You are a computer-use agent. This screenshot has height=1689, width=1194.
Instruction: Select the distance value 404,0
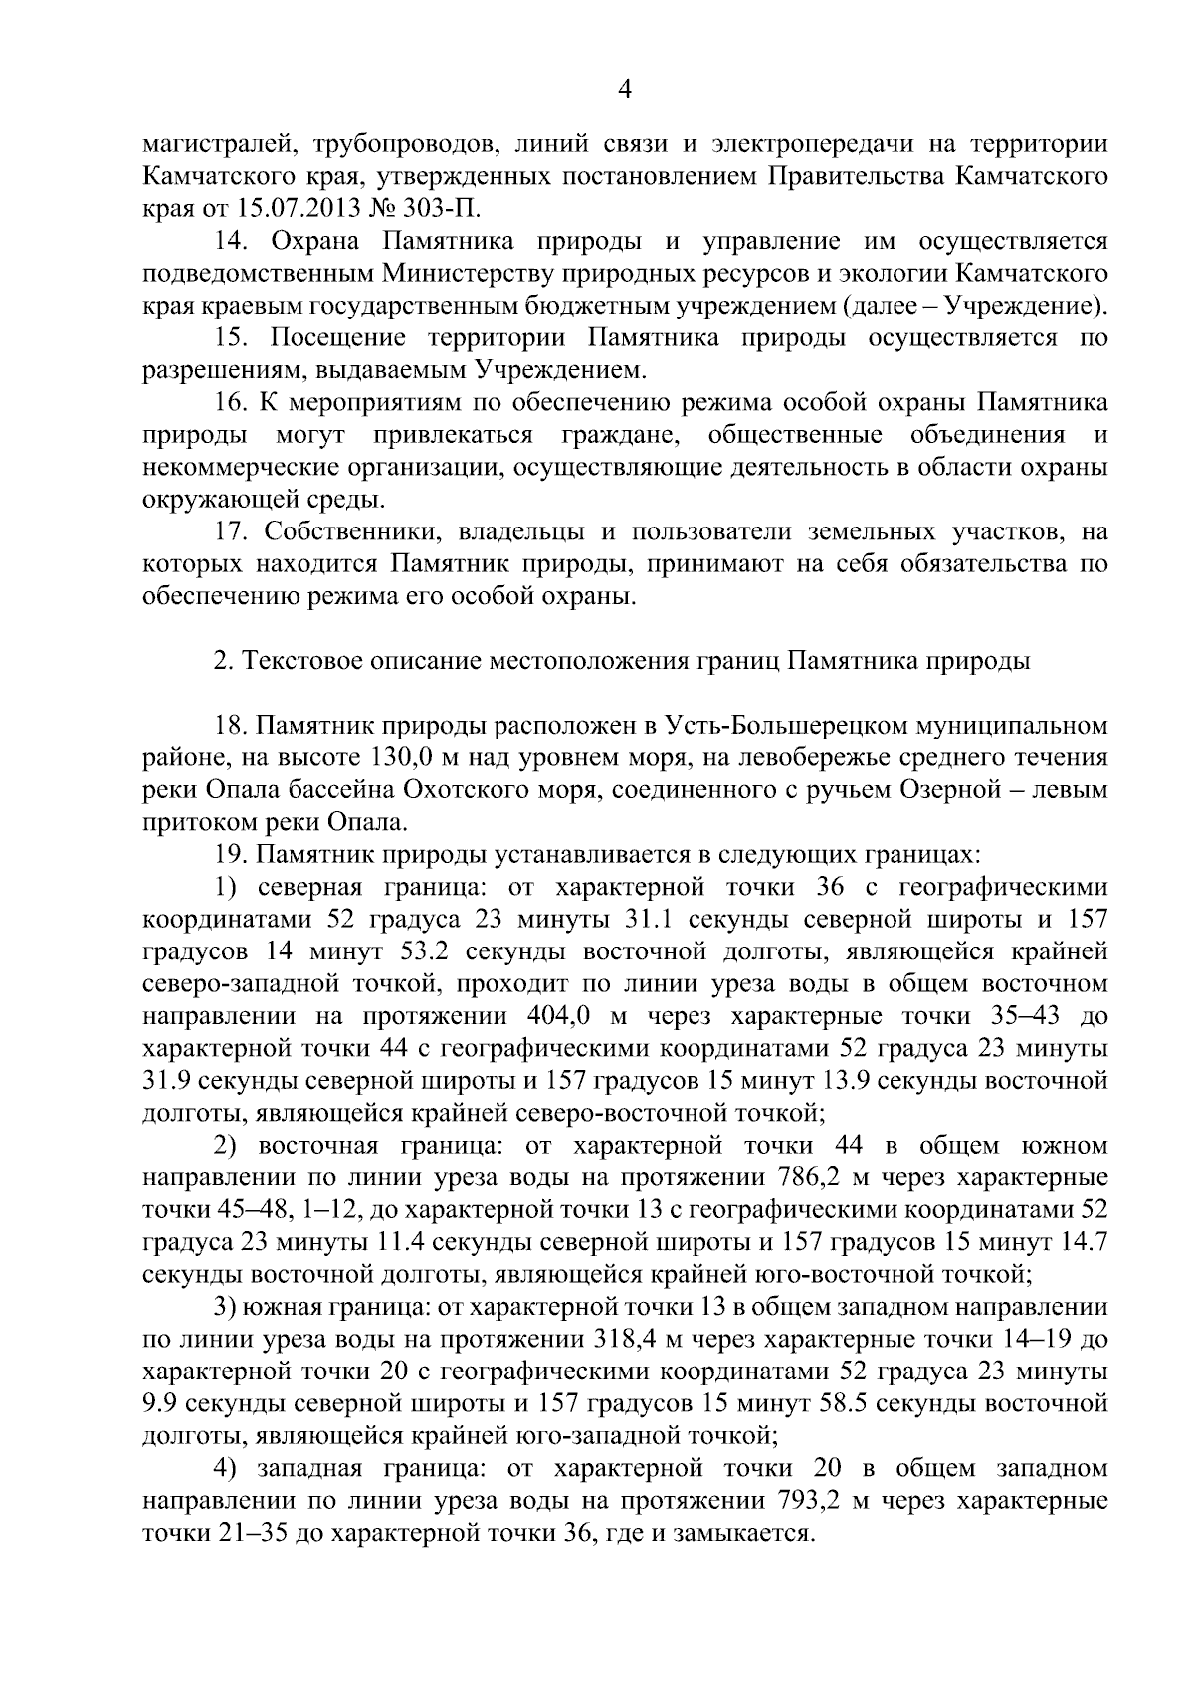pyautogui.click(x=554, y=1016)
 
